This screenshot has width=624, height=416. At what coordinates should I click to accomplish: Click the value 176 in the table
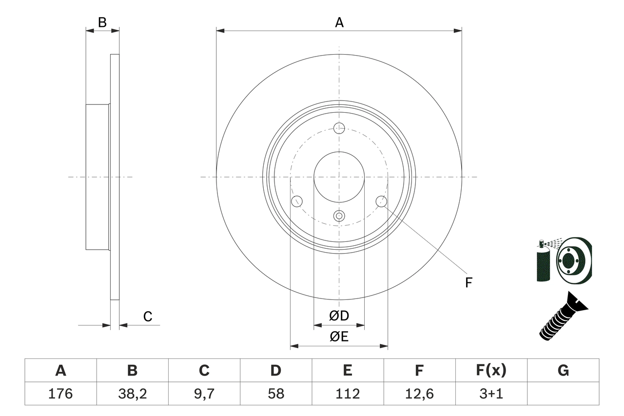[x=60, y=394]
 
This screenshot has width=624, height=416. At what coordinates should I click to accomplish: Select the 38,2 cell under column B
[x=132, y=394]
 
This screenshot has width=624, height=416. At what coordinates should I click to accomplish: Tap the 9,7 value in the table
[x=204, y=394]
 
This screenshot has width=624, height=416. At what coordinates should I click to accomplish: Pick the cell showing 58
[x=275, y=394]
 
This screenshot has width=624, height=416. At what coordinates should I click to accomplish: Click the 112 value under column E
[x=347, y=394]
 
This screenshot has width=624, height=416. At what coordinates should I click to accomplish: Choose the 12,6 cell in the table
[x=419, y=394]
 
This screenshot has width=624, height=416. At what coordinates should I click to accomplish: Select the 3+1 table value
[x=490, y=394]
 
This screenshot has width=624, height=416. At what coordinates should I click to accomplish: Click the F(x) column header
[x=490, y=371]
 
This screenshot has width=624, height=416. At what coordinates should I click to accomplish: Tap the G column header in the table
[x=563, y=371]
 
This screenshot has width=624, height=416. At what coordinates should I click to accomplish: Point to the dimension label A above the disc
[x=339, y=22]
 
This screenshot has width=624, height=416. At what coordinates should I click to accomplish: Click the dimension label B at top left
[x=102, y=22]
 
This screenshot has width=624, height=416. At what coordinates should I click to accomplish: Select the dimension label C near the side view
[x=148, y=317]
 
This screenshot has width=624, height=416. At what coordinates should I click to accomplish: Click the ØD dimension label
[x=339, y=316]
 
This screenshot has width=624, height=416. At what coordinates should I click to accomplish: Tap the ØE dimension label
[x=339, y=337]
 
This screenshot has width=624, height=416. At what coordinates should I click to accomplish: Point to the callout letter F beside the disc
[x=468, y=282]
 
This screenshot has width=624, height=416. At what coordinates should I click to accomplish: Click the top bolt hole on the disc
[x=339, y=128]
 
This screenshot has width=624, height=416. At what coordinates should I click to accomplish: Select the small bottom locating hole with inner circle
[x=339, y=216]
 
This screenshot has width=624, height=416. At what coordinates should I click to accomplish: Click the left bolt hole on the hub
[x=296, y=201]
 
